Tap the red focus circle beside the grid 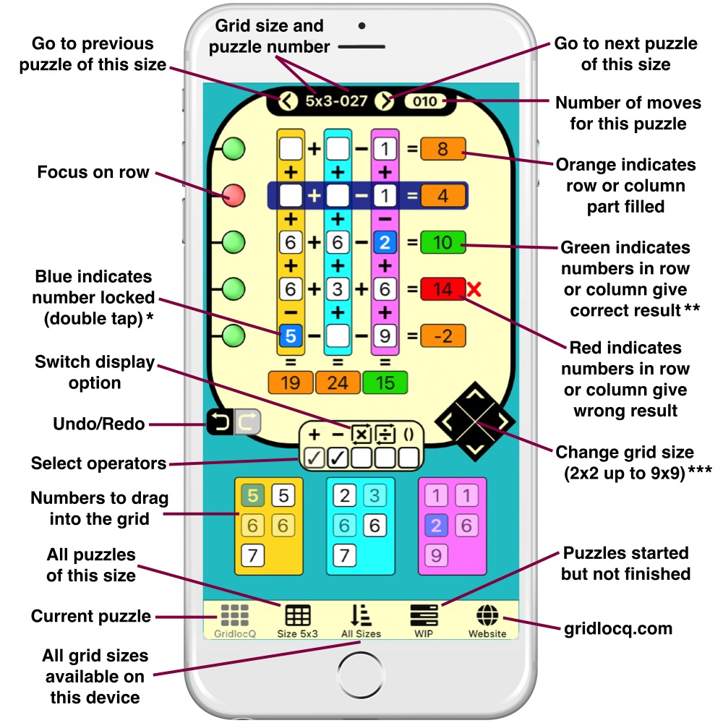coord(234,195)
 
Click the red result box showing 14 coord(443,290)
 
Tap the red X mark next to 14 coord(474,291)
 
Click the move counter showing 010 coord(425,102)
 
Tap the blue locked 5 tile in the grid coord(290,335)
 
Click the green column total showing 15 coord(385,382)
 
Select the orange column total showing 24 coord(338,382)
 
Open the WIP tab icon coord(424,616)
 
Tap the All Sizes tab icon coord(361,616)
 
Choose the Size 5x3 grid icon coord(297,616)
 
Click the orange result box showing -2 coord(443,336)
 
